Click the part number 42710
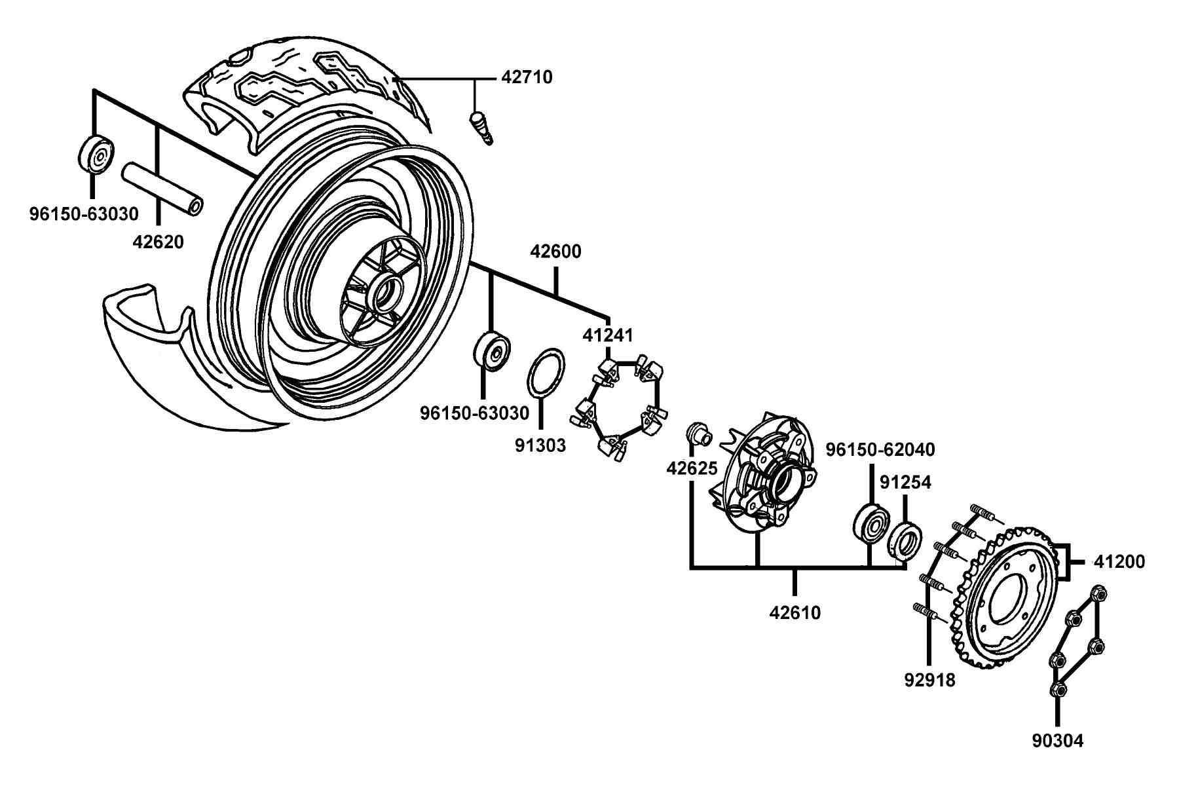(x=527, y=77)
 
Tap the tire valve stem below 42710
(x=481, y=128)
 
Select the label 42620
(x=158, y=242)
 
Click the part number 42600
(x=555, y=252)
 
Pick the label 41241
(x=608, y=335)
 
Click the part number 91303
(x=540, y=445)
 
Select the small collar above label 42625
(x=698, y=434)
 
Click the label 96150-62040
(x=880, y=450)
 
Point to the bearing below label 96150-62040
(x=872, y=523)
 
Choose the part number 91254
(x=905, y=483)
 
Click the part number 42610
(x=795, y=613)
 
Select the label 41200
(x=1119, y=562)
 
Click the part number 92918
(x=929, y=680)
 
